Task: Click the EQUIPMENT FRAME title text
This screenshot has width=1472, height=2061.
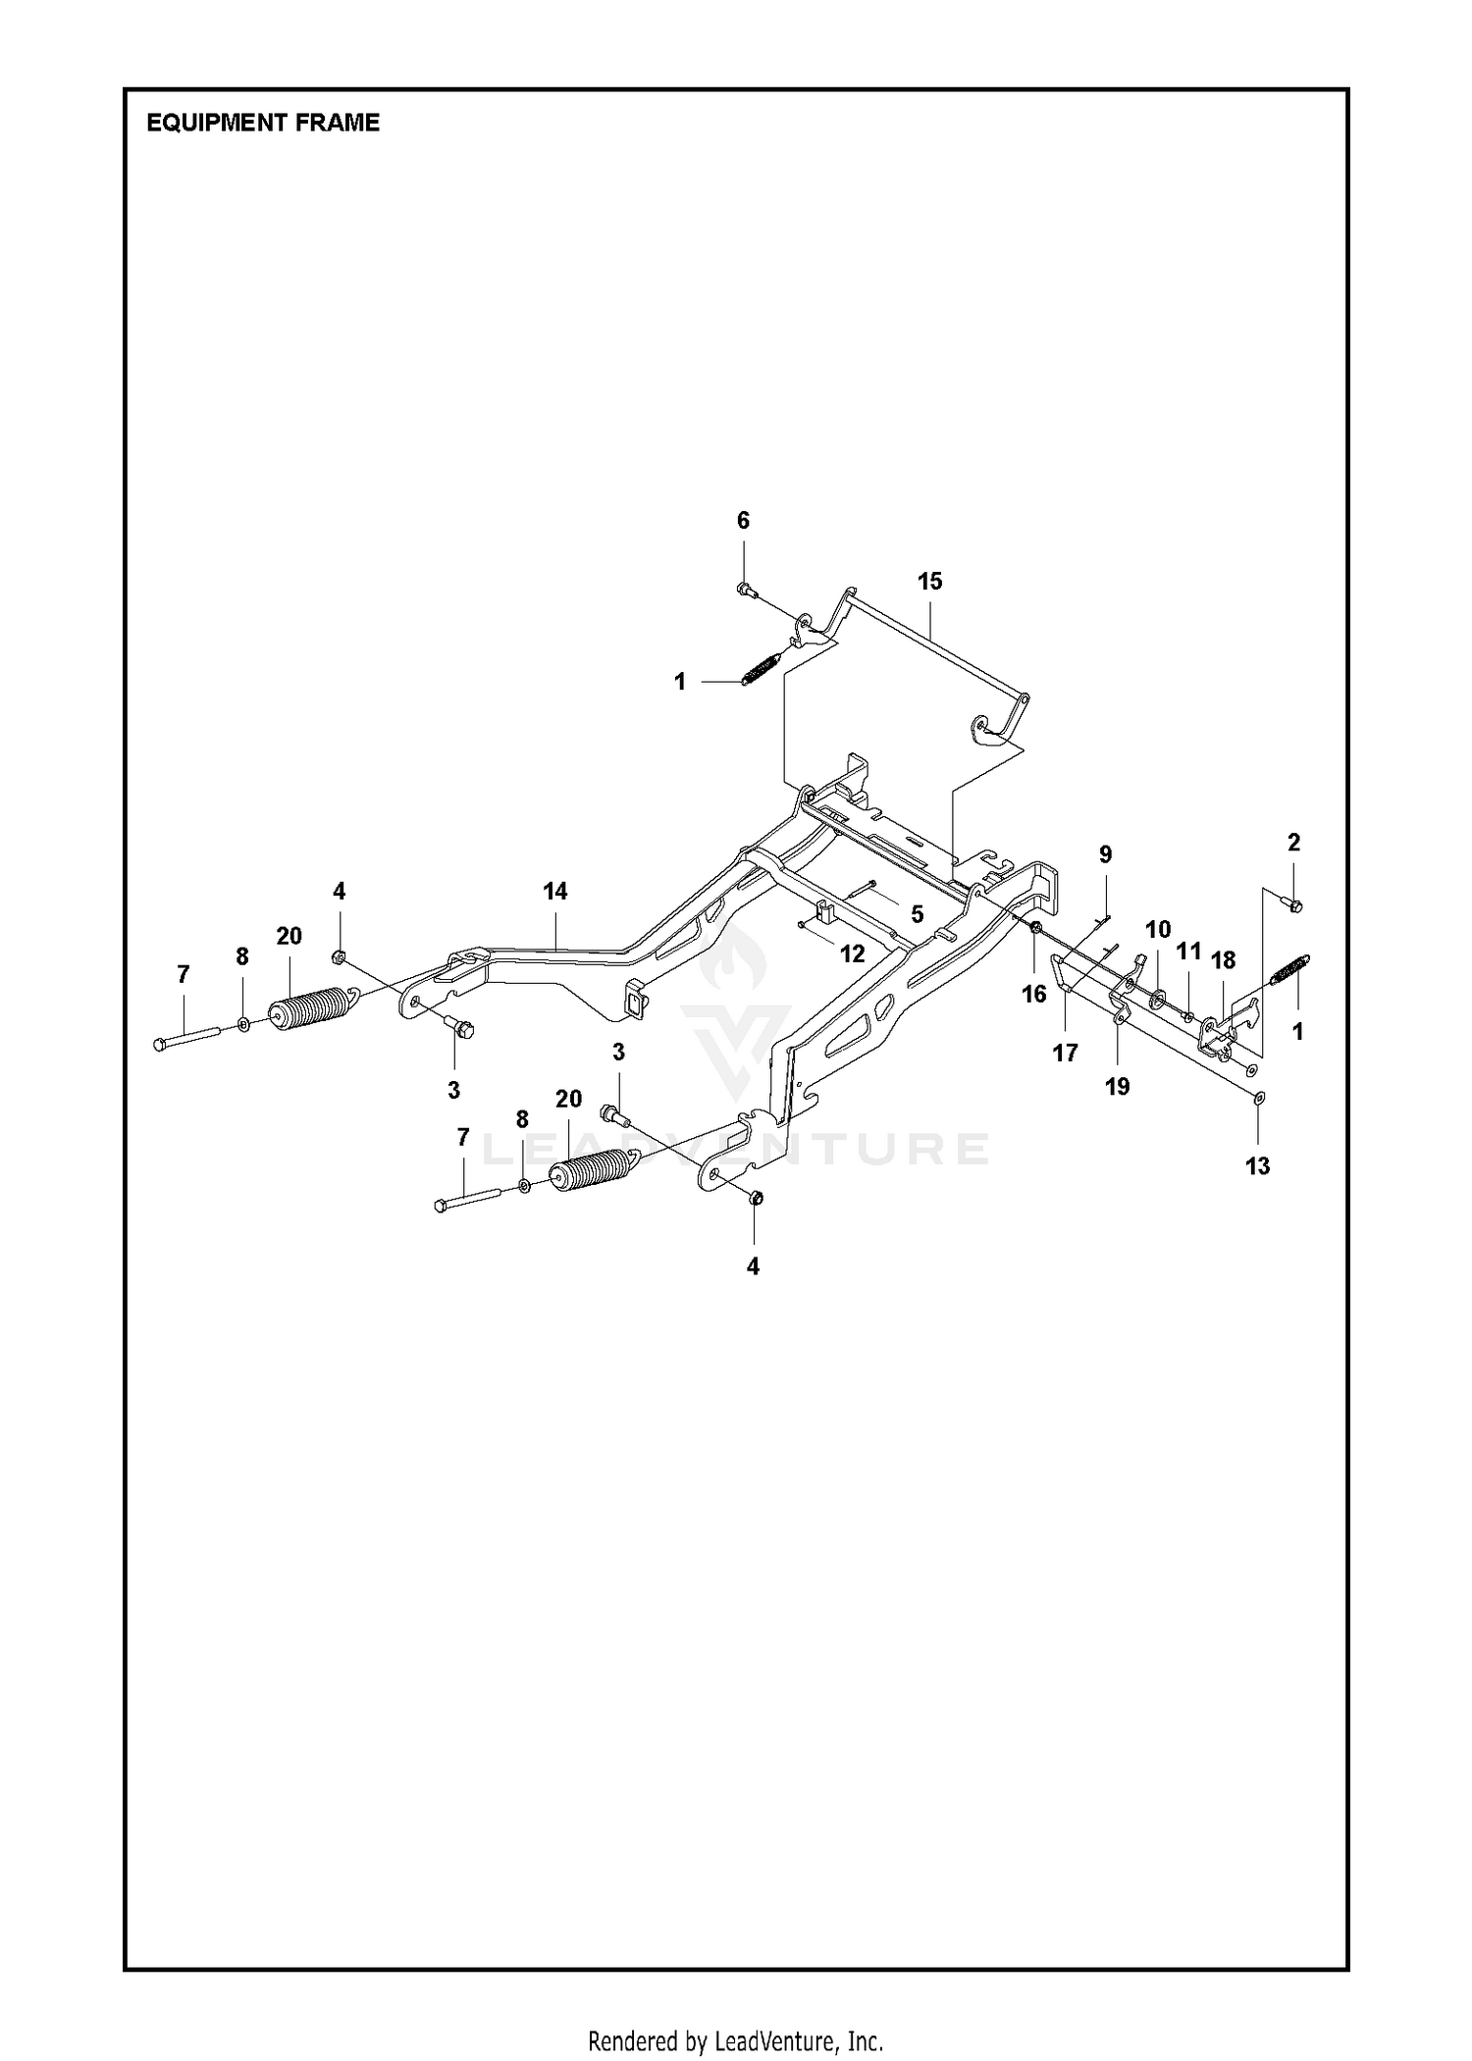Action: point(262,123)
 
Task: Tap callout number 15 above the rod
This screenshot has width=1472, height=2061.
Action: point(929,581)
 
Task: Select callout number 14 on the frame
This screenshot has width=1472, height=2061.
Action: point(555,891)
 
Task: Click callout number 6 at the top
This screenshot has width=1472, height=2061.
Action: point(743,520)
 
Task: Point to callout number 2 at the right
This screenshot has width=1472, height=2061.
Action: point(1293,842)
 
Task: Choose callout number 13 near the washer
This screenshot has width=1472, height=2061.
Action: point(1257,1165)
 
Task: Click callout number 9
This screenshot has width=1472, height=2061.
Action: point(1105,853)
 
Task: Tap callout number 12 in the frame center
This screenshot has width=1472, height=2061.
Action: point(852,953)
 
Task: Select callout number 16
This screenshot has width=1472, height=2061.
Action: point(1033,994)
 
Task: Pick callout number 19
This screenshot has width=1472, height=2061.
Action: point(1117,1086)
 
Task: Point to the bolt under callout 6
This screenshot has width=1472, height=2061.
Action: point(744,589)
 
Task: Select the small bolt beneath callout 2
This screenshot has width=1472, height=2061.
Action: point(1292,903)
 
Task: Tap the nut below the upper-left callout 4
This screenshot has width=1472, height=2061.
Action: point(338,956)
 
